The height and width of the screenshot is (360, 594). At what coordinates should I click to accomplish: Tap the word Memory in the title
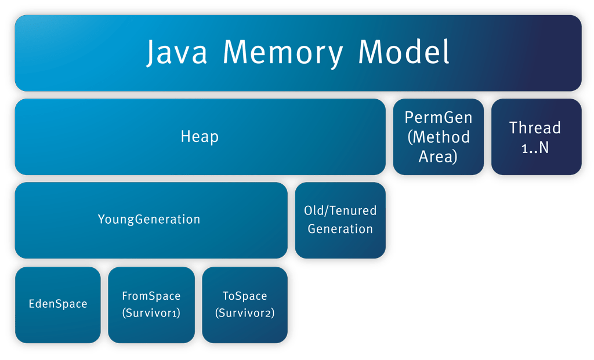284,53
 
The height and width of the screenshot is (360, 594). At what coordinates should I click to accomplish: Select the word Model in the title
404,53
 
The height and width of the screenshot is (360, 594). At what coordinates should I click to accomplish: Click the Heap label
200,137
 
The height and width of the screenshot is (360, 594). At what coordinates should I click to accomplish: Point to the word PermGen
439,118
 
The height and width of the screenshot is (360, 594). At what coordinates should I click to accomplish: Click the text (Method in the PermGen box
439,137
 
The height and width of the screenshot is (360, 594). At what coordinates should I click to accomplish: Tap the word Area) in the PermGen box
439,156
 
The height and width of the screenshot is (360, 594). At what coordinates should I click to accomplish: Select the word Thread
535,128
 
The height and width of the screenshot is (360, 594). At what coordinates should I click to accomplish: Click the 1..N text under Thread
535,147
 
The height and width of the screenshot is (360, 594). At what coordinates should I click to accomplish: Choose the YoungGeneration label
149,220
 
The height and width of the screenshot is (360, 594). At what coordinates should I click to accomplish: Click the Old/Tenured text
341,210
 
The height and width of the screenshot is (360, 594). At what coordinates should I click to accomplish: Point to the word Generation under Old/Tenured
341,229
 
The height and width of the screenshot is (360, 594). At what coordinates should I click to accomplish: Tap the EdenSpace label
58,304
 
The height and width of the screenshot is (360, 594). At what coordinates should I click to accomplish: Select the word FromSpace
151,296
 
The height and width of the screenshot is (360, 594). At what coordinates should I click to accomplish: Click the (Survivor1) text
151,314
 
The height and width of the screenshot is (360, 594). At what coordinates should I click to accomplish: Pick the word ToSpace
245,296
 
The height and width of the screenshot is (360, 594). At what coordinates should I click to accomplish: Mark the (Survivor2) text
245,314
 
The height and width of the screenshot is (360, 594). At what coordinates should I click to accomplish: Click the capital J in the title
152,54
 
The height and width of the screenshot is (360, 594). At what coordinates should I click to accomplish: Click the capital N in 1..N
544,147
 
